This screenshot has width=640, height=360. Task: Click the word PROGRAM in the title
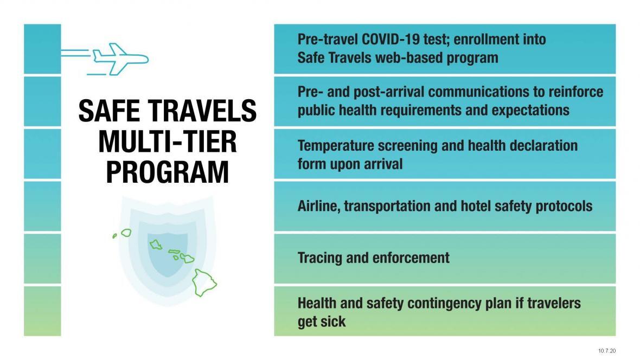[x=167, y=172]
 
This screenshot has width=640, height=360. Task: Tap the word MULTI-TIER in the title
[x=167, y=142]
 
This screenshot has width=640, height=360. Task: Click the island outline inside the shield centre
[x=156, y=244]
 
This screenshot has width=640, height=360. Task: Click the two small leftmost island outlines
[x=123, y=234]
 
